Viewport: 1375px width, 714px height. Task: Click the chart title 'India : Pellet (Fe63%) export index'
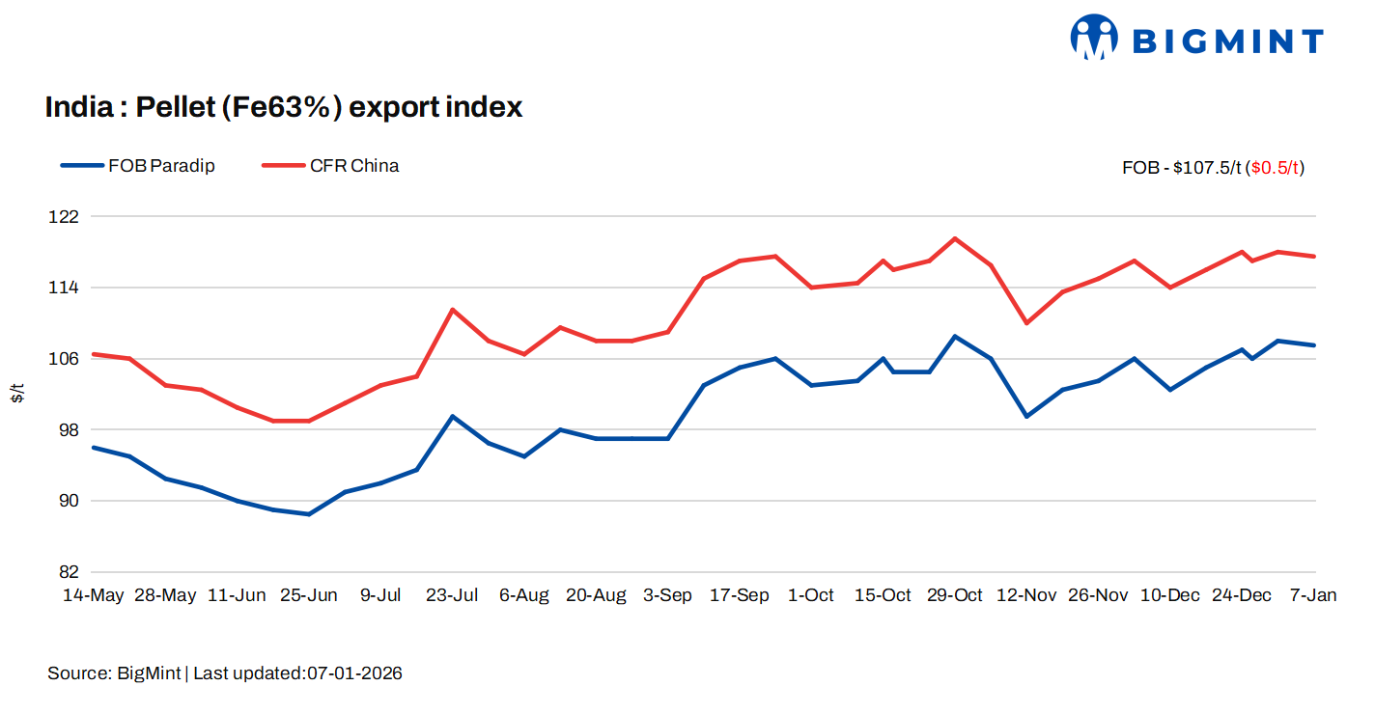[x=284, y=107]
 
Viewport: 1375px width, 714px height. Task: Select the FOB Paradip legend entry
[x=138, y=166]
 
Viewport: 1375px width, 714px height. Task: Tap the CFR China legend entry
[x=331, y=166]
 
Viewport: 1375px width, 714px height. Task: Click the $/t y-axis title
[x=17, y=394]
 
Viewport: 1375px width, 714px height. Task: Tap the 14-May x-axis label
[x=94, y=595]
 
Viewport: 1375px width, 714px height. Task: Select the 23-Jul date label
[x=452, y=595]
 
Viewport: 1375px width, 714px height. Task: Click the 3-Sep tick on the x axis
[x=667, y=595]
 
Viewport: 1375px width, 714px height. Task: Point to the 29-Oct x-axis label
[x=955, y=595]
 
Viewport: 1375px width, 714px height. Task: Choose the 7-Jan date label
[x=1313, y=595]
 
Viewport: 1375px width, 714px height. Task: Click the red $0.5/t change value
[x=1276, y=168]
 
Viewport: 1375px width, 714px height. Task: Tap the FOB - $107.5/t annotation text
[x=1181, y=168]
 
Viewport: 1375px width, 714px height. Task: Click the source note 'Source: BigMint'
[x=114, y=673]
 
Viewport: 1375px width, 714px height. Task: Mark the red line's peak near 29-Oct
[x=955, y=238]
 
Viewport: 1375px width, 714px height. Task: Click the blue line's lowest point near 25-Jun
[x=309, y=514]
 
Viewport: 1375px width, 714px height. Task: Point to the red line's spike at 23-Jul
[x=453, y=310]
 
